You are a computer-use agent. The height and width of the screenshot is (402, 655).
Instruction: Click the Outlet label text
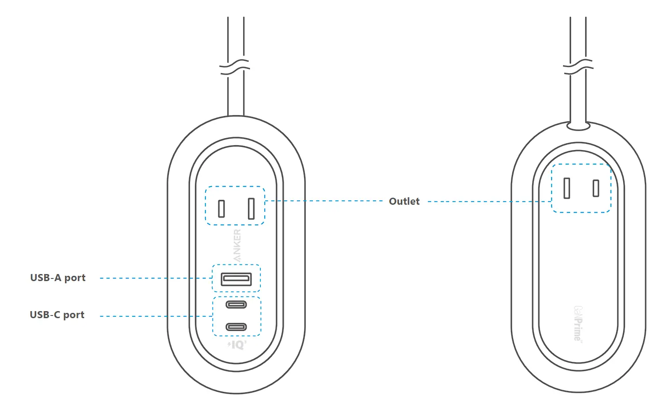coord(404,201)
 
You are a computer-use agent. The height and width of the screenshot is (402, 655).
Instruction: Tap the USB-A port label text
coord(58,278)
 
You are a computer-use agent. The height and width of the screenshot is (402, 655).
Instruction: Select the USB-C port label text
coord(57,315)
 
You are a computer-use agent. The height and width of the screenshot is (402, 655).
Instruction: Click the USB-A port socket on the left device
coord(236,279)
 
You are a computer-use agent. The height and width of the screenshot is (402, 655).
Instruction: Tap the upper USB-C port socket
coord(236,304)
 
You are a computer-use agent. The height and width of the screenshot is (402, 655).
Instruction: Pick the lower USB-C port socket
coord(236,327)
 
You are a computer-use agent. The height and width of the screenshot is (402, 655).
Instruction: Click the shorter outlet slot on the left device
coord(221,209)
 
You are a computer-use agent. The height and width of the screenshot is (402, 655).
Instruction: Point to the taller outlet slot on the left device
coord(251,208)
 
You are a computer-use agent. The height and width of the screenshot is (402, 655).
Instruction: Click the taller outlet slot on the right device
coord(567,188)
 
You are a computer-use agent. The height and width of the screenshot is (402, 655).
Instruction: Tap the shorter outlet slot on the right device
coord(596,188)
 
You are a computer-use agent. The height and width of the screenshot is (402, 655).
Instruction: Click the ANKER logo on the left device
coord(237,245)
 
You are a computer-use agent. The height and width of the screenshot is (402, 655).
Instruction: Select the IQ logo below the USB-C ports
coord(237,345)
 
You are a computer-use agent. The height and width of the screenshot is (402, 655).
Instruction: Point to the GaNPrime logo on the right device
coord(578,323)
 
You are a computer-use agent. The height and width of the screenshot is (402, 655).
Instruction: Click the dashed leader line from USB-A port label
coord(155,278)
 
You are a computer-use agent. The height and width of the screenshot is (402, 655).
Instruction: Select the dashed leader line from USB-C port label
coord(155,316)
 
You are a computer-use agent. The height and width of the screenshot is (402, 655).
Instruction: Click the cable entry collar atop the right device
coord(578,127)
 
